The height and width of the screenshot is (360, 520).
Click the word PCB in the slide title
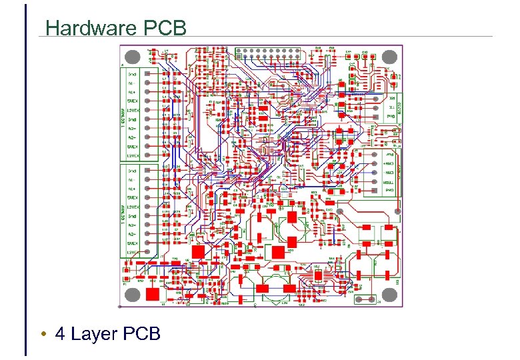(x=164, y=28)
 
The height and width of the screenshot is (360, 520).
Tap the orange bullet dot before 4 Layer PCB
(x=42, y=333)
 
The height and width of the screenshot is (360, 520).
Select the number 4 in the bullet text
(x=61, y=333)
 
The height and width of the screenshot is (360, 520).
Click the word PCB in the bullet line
(x=142, y=333)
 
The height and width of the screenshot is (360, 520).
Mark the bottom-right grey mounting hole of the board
(x=392, y=295)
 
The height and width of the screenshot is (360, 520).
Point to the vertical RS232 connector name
(x=401, y=106)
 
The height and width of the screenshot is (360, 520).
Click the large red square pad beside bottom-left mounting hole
(x=153, y=294)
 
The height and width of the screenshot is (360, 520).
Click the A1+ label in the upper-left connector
(x=133, y=93)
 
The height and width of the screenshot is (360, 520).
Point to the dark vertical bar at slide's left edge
(x=25, y=180)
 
